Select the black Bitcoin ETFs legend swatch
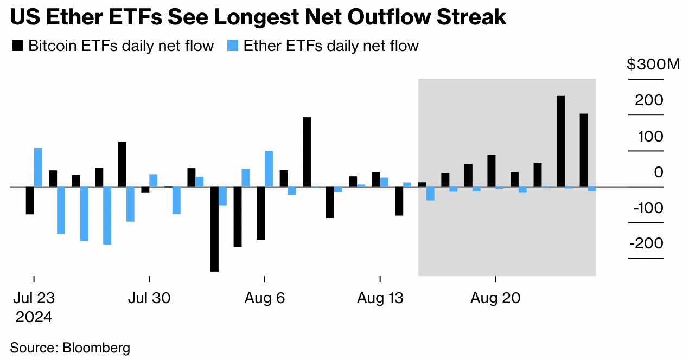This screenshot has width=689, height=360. (x=17, y=46)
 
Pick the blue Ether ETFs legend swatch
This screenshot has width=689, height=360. (x=233, y=46)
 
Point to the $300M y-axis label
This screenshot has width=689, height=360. (x=653, y=65)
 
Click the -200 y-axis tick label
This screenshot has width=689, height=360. (x=647, y=243)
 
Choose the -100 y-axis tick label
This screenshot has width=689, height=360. (x=647, y=208)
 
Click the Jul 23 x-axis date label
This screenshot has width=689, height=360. (x=34, y=298)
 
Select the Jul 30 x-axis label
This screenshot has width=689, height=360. (x=149, y=298)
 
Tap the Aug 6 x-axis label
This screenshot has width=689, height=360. (x=265, y=298)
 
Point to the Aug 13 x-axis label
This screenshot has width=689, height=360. (x=380, y=298)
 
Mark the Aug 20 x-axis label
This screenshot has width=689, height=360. (x=495, y=298)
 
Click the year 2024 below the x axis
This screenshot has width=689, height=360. (x=34, y=317)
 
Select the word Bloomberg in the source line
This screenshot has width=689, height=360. (x=97, y=348)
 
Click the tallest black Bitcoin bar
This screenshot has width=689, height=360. (x=561, y=142)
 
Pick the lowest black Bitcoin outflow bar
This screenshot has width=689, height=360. (x=214, y=229)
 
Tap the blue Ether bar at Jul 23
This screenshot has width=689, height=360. (x=38, y=168)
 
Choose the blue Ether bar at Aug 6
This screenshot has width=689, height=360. (x=269, y=169)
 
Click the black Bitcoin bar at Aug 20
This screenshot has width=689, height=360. (x=492, y=171)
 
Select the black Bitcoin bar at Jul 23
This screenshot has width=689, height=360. (x=30, y=200)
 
